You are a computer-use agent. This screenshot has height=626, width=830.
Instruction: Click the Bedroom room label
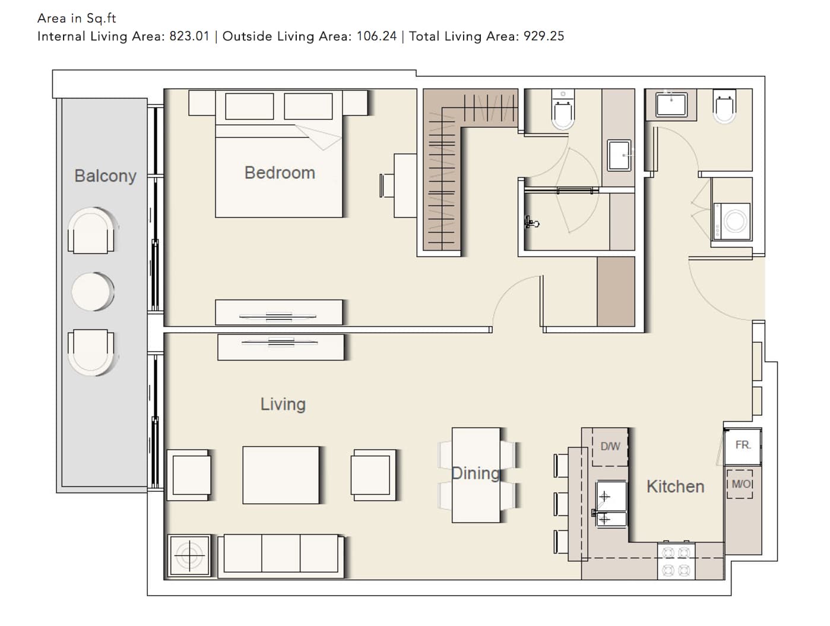coord(280,173)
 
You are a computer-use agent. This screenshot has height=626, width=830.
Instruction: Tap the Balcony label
coord(105,176)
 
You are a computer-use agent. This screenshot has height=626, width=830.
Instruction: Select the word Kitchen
coord(675,486)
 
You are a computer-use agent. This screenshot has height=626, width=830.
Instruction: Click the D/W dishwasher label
coord(610,446)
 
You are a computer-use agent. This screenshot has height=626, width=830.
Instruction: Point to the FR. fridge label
coord(743,445)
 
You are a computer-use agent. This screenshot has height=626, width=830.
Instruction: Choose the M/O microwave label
coord(740,484)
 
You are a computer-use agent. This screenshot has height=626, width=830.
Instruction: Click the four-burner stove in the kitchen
coord(676,561)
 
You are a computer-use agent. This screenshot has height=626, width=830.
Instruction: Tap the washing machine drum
coord(735,222)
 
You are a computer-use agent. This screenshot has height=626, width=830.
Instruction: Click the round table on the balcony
coord(93,291)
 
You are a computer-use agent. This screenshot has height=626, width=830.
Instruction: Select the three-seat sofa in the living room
coord(281,556)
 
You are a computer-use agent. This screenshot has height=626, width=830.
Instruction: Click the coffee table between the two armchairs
coord(281,475)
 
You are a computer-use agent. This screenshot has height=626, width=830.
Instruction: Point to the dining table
coord(476,475)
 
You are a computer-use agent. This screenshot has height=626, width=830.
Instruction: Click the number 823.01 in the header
coord(189,36)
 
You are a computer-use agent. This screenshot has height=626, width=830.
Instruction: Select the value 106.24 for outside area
coord(376,36)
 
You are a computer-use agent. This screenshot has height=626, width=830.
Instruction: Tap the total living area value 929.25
coord(544,36)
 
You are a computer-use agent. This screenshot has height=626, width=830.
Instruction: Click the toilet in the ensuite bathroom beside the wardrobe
coord(563,110)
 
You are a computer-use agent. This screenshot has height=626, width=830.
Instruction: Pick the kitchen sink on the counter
coord(611,504)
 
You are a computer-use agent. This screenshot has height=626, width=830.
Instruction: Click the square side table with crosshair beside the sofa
coord(189,556)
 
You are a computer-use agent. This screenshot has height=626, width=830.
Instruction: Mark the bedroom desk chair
coord(387,185)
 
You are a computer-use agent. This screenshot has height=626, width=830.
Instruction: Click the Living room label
coord(283,404)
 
